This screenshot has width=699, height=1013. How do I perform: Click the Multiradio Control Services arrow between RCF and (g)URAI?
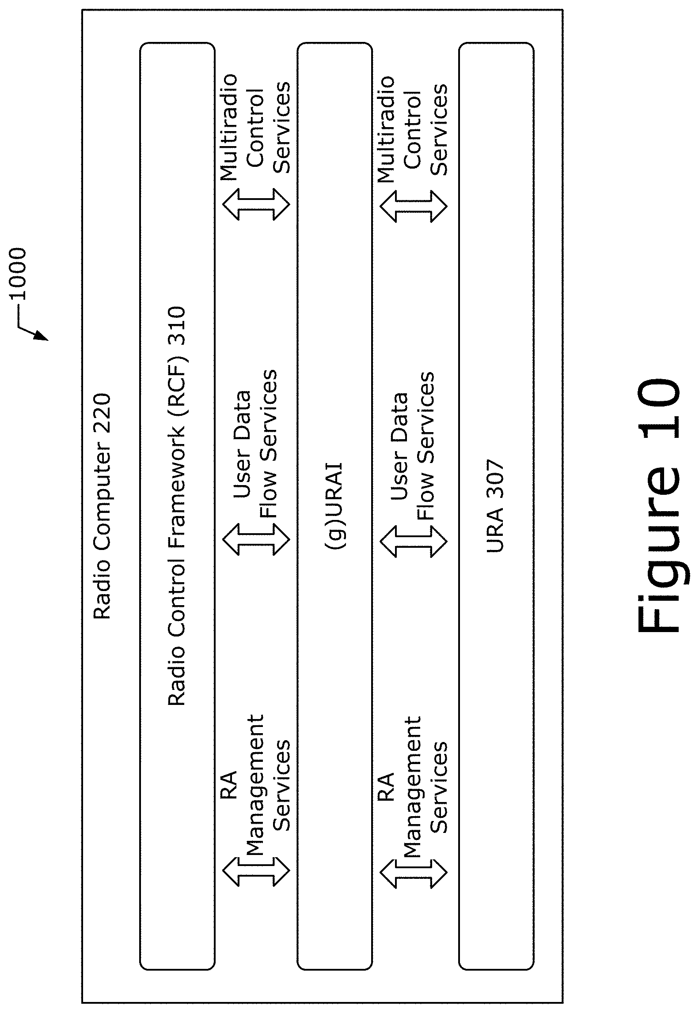click(x=256, y=204)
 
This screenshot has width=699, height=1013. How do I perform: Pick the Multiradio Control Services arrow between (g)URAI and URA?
click(x=414, y=206)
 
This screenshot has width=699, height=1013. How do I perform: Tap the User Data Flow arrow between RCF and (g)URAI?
click(x=256, y=539)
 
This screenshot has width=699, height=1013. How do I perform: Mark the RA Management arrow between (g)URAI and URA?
click(x=414, y=870)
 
